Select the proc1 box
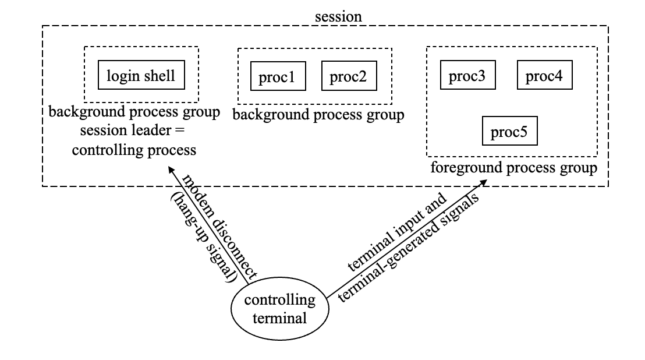[277, 77]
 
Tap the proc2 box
[348, 77]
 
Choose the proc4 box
[544, 75]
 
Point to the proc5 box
[509, 132]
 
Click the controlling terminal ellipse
[279, 309]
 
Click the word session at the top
[338, 16]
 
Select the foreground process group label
[513, 168]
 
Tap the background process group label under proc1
[318, 115]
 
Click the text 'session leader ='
[134, 131]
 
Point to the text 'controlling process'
[134, 150]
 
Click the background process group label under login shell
[134, 112]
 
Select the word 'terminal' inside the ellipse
[279, 319]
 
